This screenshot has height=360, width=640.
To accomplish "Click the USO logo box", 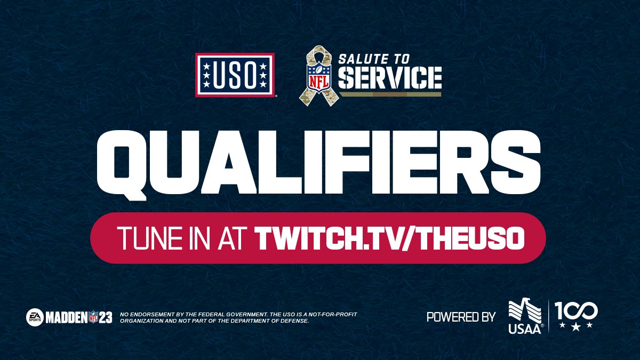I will point(235,75).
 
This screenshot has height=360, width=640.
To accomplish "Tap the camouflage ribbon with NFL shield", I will point(319,76).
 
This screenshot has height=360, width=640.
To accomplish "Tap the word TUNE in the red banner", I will point(145,238).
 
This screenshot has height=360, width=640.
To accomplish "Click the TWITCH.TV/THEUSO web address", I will point(388,238).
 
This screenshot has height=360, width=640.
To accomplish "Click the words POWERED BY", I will point(461,317).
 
